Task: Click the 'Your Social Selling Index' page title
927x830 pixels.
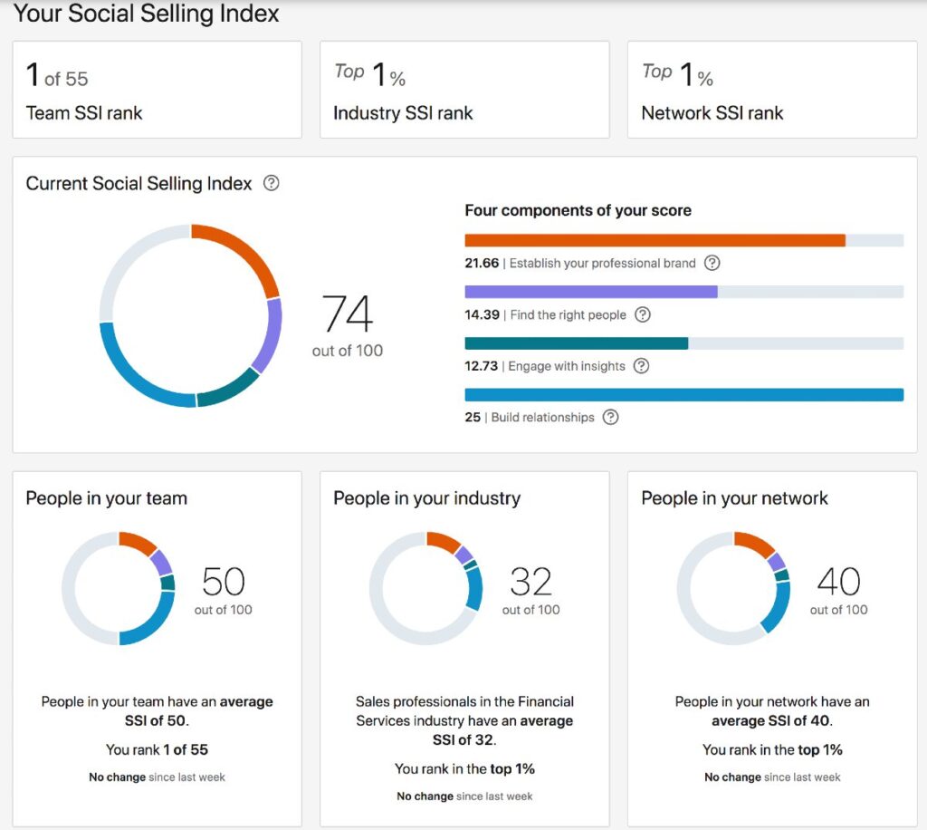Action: point(146,14)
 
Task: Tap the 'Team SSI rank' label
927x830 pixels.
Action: point(84,113)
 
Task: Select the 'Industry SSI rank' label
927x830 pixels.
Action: point(403,113)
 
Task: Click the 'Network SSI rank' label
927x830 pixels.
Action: point(712,113)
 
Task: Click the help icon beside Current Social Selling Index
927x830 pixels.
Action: point(271,183)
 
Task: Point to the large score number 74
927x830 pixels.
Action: point(348,314)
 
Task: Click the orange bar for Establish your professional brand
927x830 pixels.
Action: point(655,240)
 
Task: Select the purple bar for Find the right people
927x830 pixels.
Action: point(590,292)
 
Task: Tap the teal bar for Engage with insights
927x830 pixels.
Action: point(576,343)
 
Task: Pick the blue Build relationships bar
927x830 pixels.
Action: point(683,394)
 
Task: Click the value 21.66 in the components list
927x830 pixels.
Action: point(482,264)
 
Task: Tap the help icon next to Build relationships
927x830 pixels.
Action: point(611,418)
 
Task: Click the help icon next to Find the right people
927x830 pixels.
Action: point(643,315)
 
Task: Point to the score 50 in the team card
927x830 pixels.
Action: point(224,581)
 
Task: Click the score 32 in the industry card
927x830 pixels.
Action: point(530,581)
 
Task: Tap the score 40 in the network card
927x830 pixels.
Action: point(838,581)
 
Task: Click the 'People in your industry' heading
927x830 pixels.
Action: point(426,498)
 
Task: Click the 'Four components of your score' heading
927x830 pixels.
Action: point(578,210)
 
